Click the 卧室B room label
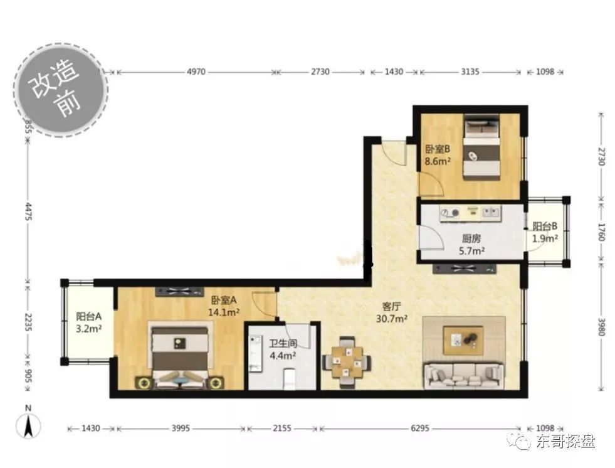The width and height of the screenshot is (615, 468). pyautogui.click(x=438, y=149)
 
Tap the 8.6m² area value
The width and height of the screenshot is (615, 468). pyautogui.click(x=438, y=161)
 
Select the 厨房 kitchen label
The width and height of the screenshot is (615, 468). pyautogui.click(x=471, y=238)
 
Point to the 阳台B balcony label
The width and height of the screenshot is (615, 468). pyautogui.click(x=545, y=226)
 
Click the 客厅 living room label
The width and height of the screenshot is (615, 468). pyautogui.click(x=392, y=307)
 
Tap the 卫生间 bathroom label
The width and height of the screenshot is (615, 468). pyautogui.click(x=283, y=344)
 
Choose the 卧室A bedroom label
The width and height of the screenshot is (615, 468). pyautogui.click(x=224, y=300)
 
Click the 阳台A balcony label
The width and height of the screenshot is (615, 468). pyautogui.click(x=89, y=316)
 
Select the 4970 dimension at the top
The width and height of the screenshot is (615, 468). pyautogui.click(x=196, y=72)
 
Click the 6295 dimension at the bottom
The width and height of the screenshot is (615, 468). pyautogui.click(x=420, y=428)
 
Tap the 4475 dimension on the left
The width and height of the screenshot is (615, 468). pyautogui.click(x=28, y=211)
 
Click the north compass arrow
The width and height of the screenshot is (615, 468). pyautogui.click(x=28, y=427)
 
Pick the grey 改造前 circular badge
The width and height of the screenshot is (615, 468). pyautogui.click(x=61, y=90)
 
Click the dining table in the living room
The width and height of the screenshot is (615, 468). pyautogui.click(x=346, y=363)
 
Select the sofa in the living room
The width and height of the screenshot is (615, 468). pyautogui.click(x=463, y=376)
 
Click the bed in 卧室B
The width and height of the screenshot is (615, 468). pyautogui.click(x=482, y=147)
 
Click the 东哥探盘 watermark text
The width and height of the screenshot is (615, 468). pyautogui.click(x=566, y=441)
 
